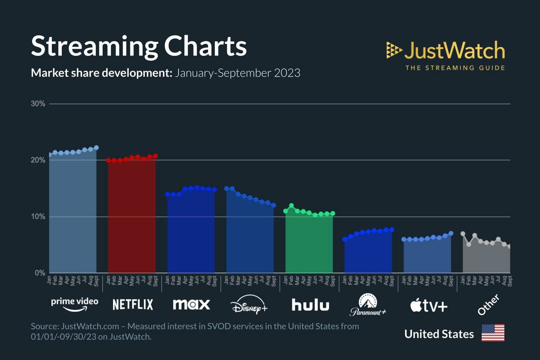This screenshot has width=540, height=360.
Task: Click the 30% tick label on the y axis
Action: click(38, 104)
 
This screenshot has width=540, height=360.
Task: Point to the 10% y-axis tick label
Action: click(38, 217)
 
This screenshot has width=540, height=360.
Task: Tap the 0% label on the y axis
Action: click(40, 273)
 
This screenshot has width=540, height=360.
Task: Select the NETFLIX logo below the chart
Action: click(133, 305)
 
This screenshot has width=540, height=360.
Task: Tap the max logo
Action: click(191, 305)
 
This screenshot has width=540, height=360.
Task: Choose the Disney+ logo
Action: click(249, 305)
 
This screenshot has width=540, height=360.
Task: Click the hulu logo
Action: click(310, 305)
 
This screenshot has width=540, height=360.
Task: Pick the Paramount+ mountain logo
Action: click(368, 305)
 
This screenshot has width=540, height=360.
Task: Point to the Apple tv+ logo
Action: click(428, 306)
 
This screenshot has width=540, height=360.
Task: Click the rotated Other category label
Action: click(488, 305)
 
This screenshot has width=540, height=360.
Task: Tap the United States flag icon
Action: click(493, 333)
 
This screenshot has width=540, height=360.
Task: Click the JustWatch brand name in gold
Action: click(454, 50)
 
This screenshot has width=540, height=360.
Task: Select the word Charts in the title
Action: click(205, 46)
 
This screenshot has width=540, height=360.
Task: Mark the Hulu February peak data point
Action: click(292, 206)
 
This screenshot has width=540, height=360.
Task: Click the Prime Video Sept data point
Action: click(96, 148)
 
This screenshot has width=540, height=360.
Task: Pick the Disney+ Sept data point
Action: click(274, 205)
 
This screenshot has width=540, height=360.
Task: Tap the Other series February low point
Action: click(469, 244)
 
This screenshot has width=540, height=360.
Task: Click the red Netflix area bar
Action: click(132, 216)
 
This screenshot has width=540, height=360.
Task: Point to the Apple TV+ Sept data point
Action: click(451, 233)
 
